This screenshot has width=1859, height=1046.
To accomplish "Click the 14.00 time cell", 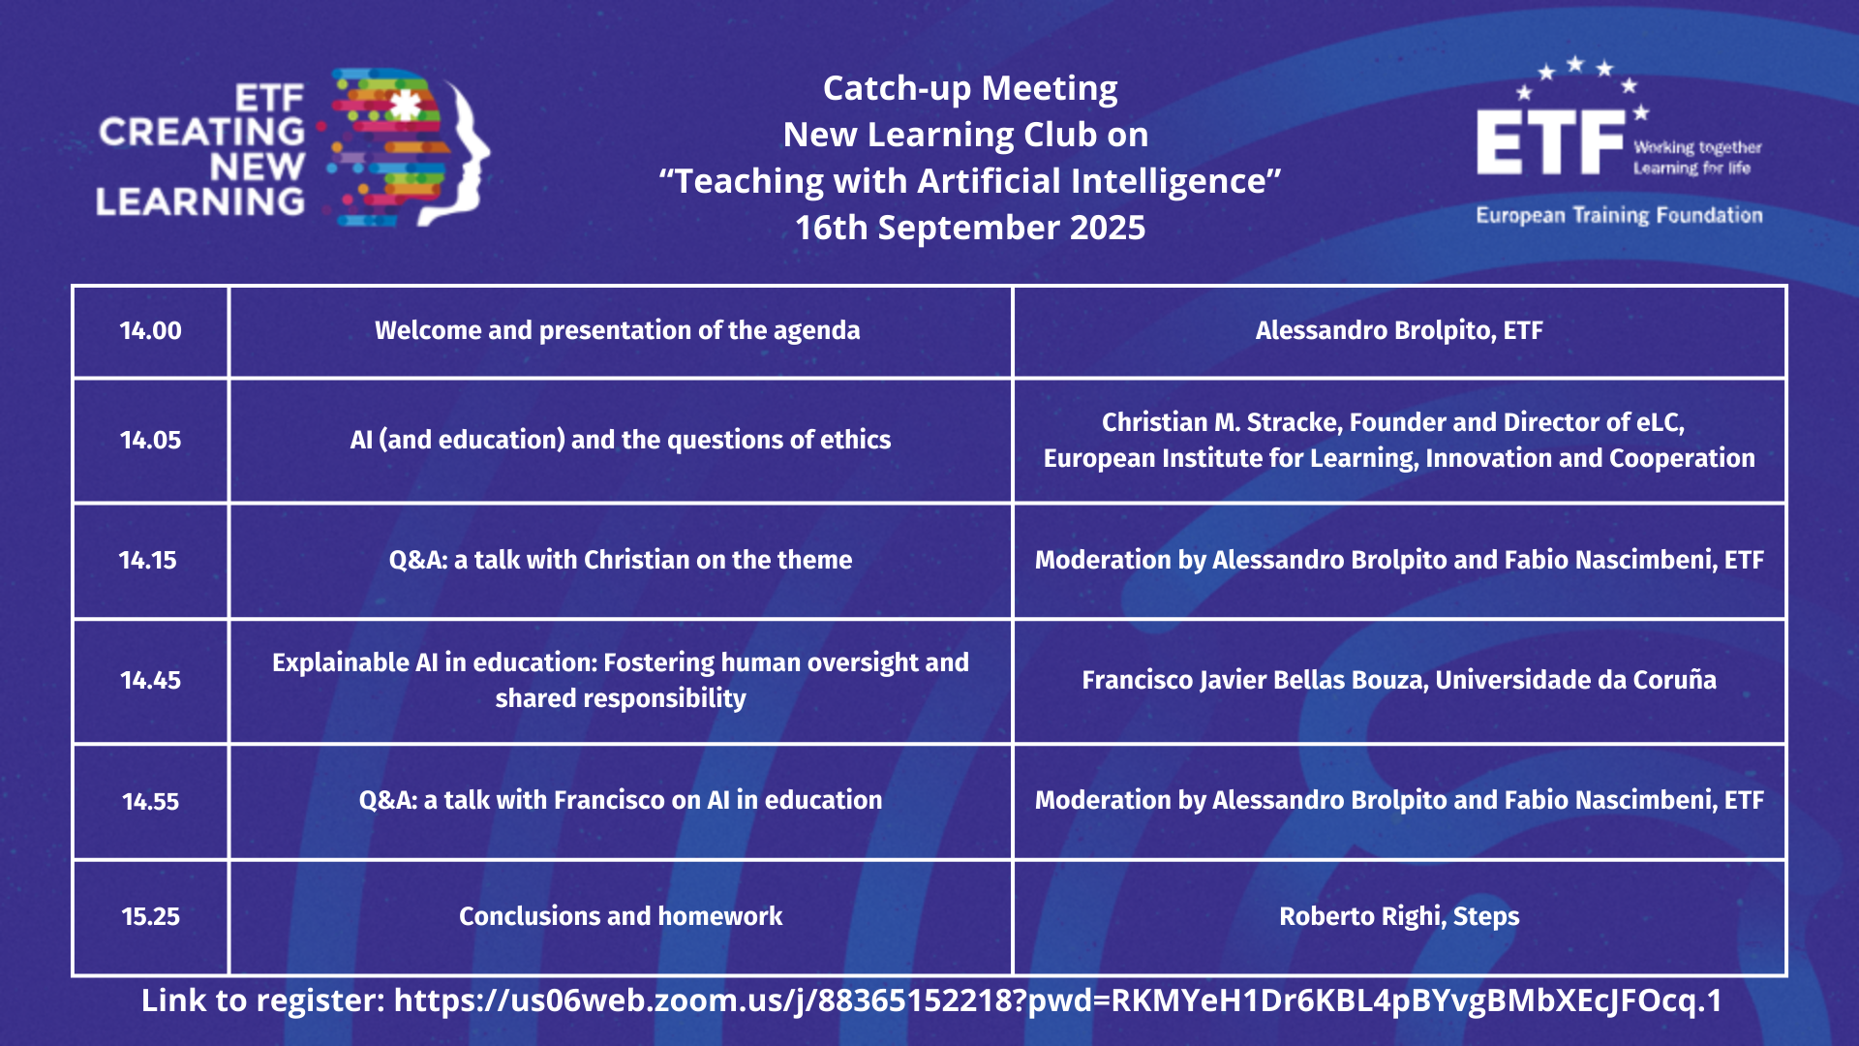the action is [150, 330].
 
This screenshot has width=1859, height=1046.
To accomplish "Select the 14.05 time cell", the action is [150, 440].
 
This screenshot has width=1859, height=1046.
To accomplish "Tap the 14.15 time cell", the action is [148, 560].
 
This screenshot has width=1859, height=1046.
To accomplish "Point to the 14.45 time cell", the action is [150, 680].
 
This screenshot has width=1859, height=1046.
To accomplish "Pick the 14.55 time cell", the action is [150, 801].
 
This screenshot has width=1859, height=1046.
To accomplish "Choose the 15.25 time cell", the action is [150, 916].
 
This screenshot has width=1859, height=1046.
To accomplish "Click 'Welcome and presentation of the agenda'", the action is [618, 330].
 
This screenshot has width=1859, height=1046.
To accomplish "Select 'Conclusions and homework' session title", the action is [621, 916].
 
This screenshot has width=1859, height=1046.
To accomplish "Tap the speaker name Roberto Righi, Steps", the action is [1399, 916].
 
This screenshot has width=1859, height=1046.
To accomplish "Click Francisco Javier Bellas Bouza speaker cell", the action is [1399, 680].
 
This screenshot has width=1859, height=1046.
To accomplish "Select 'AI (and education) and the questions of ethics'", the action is [621, 440].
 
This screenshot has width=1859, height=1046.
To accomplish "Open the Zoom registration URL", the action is [1057, 1000].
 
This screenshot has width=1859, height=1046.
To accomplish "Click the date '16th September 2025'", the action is [970, 228].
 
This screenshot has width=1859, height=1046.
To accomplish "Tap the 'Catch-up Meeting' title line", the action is [970, 88].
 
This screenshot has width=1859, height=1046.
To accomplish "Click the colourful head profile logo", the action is [410, 147].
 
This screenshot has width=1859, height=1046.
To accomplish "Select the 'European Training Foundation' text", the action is [1619, 215].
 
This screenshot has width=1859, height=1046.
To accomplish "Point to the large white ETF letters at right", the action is [1550, 141].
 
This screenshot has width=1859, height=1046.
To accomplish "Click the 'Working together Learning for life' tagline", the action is [1697, 158].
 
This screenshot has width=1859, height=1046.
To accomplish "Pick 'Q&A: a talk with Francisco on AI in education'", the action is [621, 800].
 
